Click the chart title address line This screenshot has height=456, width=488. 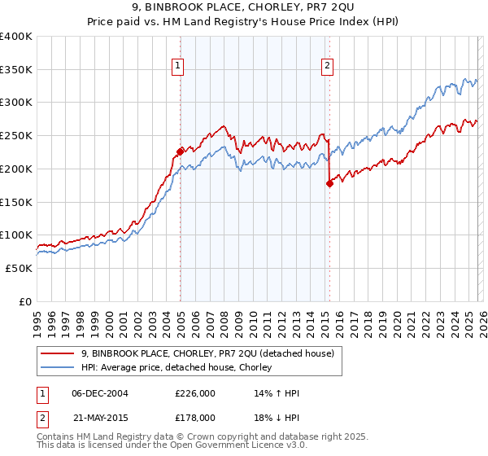click(244, 7)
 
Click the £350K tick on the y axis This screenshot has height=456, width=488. click(16, 70)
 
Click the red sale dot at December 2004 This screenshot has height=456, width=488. click(180, 151)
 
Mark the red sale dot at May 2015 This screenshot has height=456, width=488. click(329, 183)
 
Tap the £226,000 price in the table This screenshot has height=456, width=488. click(194, 394)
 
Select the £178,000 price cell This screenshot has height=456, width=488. click(194, 417)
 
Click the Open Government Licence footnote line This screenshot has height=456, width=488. click(170, 446)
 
